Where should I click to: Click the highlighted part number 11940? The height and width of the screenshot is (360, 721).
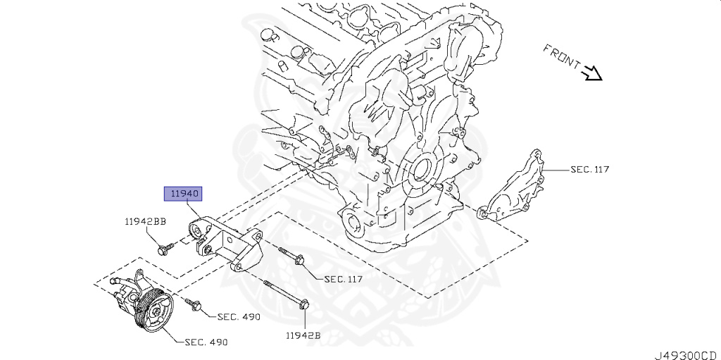click(x=183, y=192)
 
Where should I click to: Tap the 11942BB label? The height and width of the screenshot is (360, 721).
click(x=146, y=221)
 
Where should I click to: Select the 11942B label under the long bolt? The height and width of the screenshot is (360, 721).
click(x=303, y=335)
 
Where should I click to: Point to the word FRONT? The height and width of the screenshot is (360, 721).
click(x=560, y=56)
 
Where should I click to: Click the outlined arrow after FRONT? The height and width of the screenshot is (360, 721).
click(x=593, y=72)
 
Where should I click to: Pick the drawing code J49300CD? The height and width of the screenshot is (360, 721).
click(x=685, y=352)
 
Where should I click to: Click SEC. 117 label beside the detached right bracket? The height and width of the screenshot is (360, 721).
click(x=589, y=169)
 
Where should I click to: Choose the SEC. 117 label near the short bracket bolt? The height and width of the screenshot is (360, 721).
click(x=343, y=279)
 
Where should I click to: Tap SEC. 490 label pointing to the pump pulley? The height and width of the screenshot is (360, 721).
click(x=206, y=342)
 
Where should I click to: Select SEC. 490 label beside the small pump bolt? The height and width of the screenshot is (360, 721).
click(x=239, y=317)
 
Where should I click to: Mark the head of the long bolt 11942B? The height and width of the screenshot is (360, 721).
click(x=305, y=305)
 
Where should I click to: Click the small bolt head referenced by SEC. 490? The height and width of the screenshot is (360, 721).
click(x=195, y=306)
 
